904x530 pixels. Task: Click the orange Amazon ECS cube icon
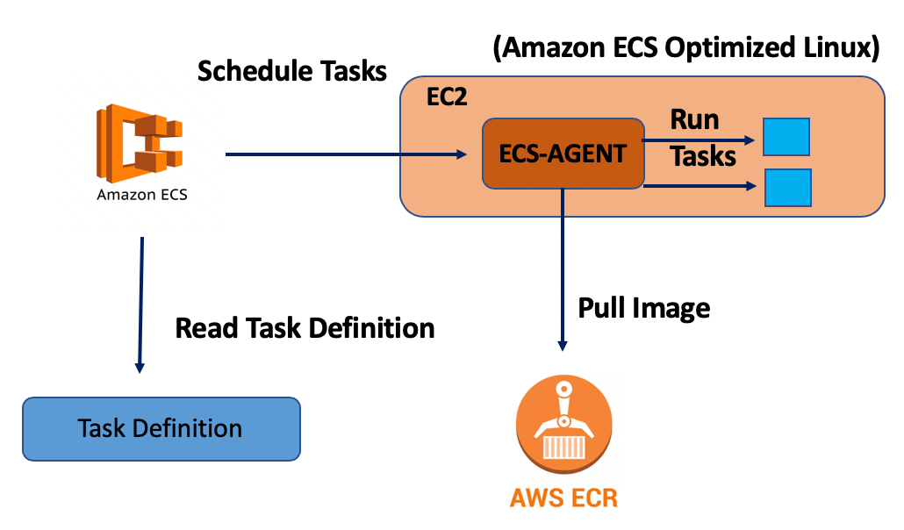pyautogui.click(x=140, y=143)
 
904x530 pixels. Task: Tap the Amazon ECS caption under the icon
pyautogui.click(x=142, y=195)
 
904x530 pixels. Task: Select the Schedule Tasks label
pyautogui.click(x=291, y=71)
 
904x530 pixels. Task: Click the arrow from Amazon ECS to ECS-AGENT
pyautogui.click(x=346, y=154)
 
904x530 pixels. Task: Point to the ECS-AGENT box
pyautogui.click(x=563, y=154)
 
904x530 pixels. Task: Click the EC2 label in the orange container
pyautogui.click(x=447, y=97)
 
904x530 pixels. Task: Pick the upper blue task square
pyautogui.click(x=786, y=137)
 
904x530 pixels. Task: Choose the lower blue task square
pyautogui.click(x=788, y=188)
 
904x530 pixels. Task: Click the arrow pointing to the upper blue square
pyautogui.click(x=699, y=140)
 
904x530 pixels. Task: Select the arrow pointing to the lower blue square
pyautogui.click(x=700, y=186)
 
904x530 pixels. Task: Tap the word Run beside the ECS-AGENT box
pyautogui.click(x=695, y=120)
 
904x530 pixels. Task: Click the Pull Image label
pyautogui.click(x=644, y=309)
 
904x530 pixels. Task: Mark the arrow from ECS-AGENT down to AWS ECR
pyautogui.click(x=563, y=270)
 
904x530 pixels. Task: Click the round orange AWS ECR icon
pyautogui.click(x=563, y=424)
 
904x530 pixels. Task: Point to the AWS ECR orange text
pyautogui.click(x=563, y=498)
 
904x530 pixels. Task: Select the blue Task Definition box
pyautogui.click(x=161, y=429)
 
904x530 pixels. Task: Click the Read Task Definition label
pyautogui.click(x=305, y=328)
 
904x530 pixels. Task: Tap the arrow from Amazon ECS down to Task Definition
pyautogui.click(x=140, y=305)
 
